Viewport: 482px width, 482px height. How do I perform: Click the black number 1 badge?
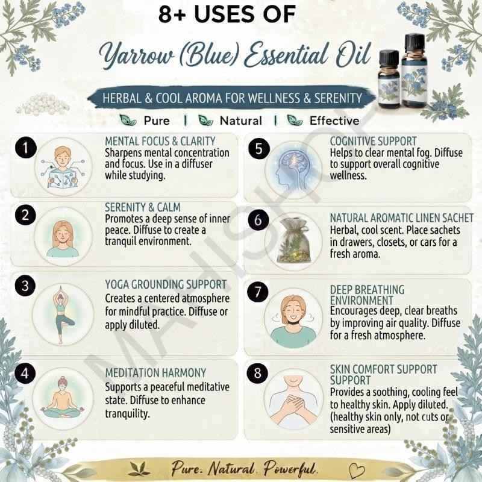pyautogui.click(x=25, y=148)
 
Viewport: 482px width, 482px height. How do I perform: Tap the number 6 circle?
pyautogui.click(x=258, y=220)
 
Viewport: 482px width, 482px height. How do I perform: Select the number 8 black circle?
pyautogui.click(x=258, y=373)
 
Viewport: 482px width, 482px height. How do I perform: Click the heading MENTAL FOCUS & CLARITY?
pyautogui.click(x=160, y=141)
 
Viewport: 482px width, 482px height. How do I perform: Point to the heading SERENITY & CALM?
pyautogui.click(x=143, y=207)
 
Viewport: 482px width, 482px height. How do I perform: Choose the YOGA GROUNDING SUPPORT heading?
pyautogui.click(x=166, y=284)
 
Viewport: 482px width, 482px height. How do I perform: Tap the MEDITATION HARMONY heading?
pyautogui.click(x=155, y=373)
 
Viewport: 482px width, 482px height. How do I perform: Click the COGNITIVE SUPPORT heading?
pyautogui.click(x=374, y=141)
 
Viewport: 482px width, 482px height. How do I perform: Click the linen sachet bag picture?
pyautogui.click(x=294, y=240)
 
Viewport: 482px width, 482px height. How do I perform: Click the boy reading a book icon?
pyautogui.click(x=63, y=167)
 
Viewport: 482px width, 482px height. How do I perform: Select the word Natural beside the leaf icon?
pyautogui.click(x=241, y=121)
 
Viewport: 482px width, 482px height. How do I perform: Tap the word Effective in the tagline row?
pyautogui.click(x=334, y=121)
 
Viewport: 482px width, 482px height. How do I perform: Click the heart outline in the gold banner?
pyautogui.click(x=357, y=470)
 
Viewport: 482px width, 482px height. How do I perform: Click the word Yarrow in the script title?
pyautogui.click(x=137, y=55)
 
